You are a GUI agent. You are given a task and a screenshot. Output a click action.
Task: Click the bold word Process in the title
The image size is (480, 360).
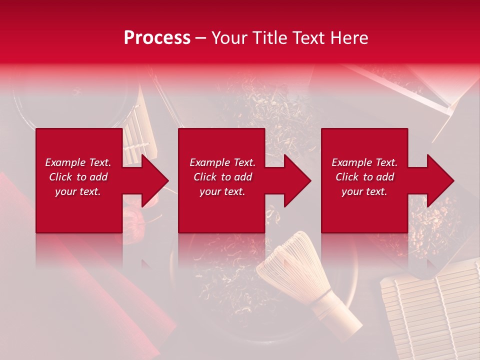click(157, 38)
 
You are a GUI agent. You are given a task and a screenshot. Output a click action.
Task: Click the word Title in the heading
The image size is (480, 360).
click(269, 38)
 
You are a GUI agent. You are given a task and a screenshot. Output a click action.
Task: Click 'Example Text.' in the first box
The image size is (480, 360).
click(78, 162)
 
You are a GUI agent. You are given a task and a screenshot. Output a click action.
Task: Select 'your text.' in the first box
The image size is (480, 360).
click(78, 191)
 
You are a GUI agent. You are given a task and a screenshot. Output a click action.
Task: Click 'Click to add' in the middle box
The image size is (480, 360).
click(222, 177)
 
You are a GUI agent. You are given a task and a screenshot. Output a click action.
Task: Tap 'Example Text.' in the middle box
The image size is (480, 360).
click(222, 162)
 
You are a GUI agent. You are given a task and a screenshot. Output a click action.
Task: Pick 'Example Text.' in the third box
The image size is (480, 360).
click(364, 162)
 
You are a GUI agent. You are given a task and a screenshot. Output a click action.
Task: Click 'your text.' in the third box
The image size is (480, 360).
click(364, 191)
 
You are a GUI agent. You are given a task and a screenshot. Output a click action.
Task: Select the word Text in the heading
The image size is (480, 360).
click(310, 38)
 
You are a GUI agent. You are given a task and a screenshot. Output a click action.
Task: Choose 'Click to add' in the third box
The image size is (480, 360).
click(364, 177)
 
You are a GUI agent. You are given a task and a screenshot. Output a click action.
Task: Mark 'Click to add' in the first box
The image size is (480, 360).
click(78, 177)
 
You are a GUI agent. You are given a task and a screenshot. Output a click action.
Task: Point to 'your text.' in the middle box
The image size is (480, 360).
click(222, 191)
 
